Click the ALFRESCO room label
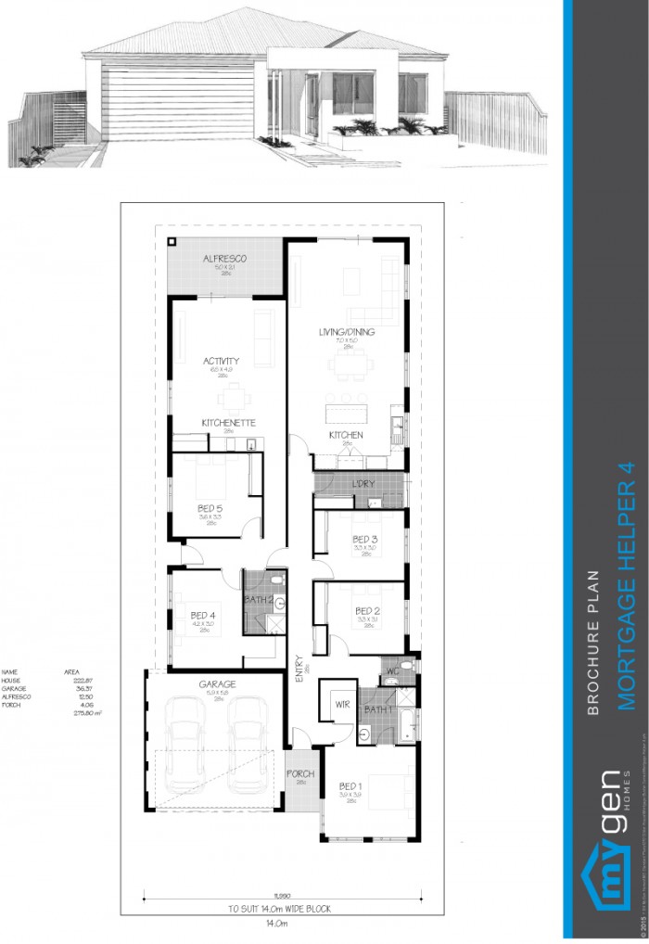(x=224, y=259)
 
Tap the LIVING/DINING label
(x=346, y=331)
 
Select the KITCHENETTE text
(x=228, y=423)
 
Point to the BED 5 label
(x=210, y=508)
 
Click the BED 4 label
(x=203, y=615)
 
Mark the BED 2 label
(x=368, y=610)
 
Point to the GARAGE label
(x=217, y=684)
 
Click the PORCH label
(x=300, y=773)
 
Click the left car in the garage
(x=185, y=733)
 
